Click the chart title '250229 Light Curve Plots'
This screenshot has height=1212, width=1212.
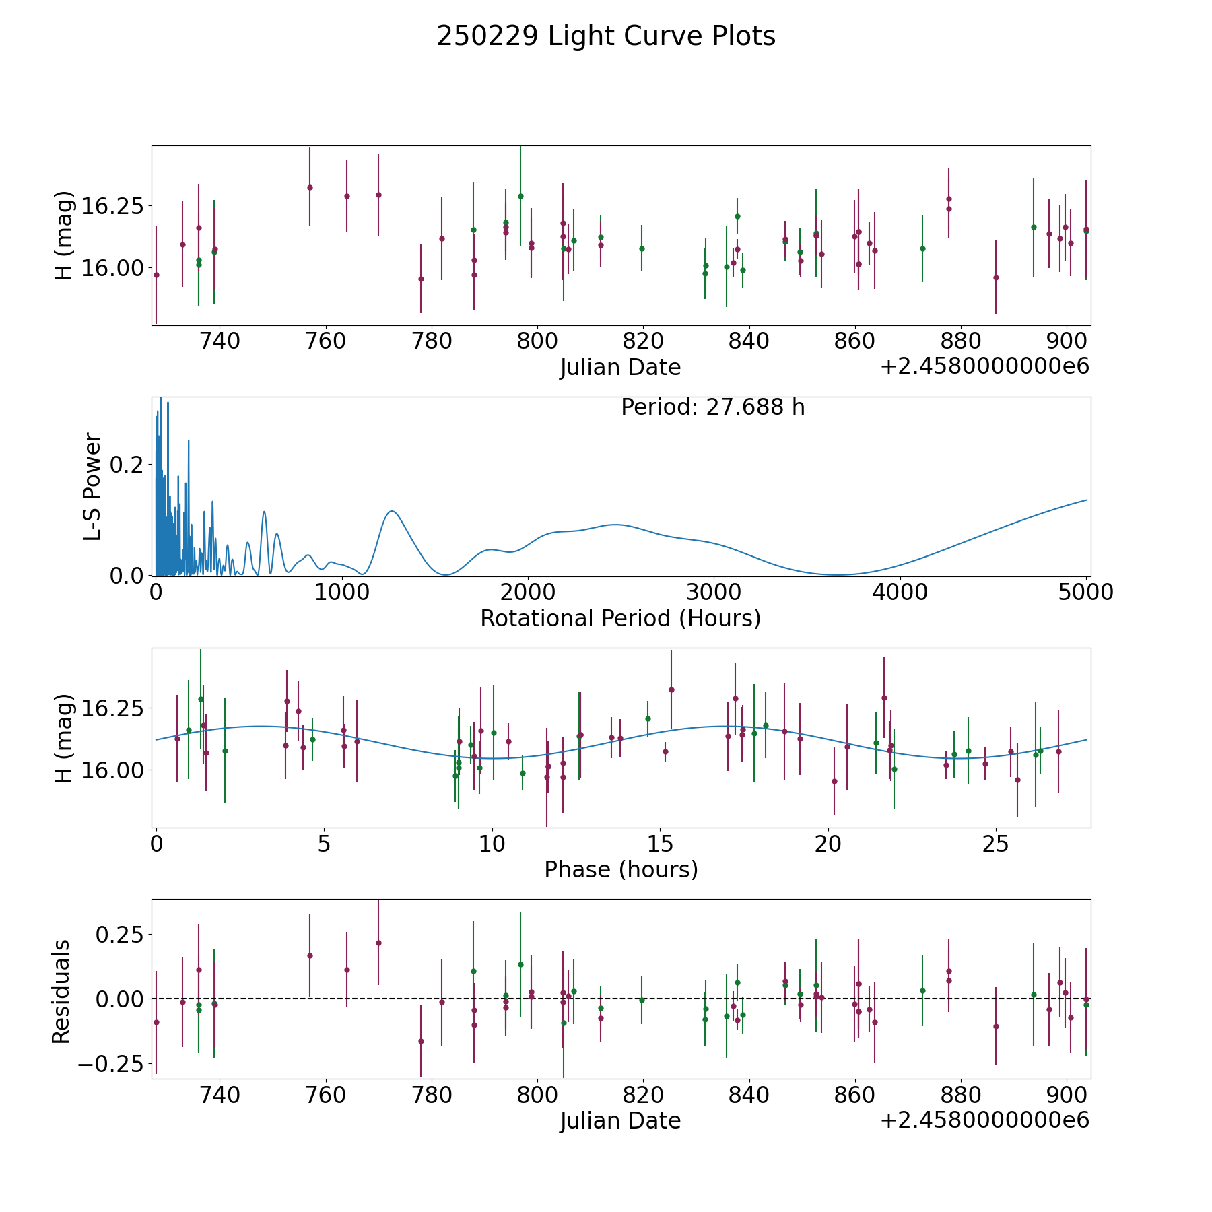[606, 36]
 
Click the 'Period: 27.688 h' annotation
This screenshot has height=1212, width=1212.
[713, 407]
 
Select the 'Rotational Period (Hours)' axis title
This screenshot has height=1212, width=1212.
[621, 618]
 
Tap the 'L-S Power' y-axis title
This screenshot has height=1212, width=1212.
[92, 487]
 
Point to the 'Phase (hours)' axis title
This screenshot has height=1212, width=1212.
[621, 869]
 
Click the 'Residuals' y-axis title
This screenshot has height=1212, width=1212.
[61, 991]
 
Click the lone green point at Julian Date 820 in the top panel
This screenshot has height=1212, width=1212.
[642, 248]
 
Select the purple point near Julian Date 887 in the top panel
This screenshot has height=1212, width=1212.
[996, 277]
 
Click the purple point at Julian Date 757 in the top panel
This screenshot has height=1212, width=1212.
[310, 187]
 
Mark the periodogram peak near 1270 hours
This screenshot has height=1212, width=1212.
[392, 511]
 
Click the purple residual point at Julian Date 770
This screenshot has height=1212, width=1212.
[378, 943]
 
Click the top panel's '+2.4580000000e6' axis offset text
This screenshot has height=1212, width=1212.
[984, 367]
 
